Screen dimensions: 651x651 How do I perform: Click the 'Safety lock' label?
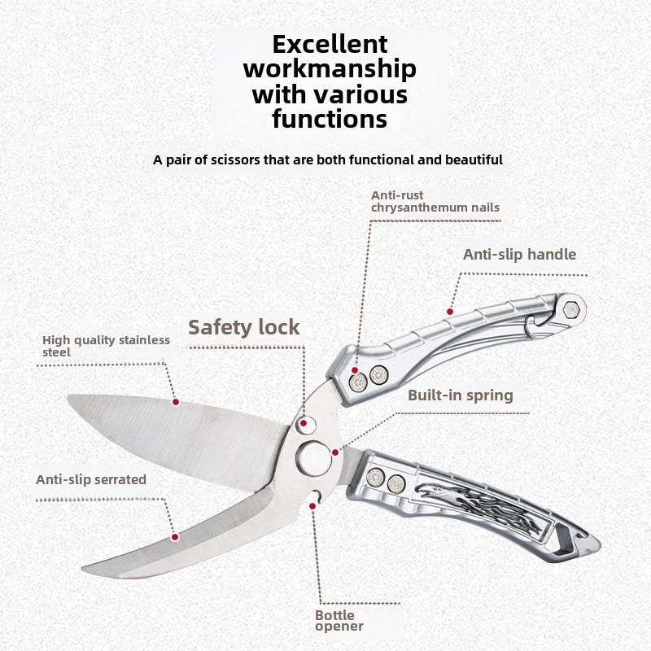pos(243,328)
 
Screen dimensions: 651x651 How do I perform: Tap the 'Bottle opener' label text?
pos(339,620)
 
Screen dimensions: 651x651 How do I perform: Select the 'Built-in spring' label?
pos(461,395)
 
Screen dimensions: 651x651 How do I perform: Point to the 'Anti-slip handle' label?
pos(519,254)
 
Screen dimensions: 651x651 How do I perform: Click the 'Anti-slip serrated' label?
pos(91,479)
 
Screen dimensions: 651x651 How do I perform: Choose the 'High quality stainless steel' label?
pos(106,346)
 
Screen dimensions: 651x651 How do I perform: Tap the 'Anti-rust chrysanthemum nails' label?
pos(435,201)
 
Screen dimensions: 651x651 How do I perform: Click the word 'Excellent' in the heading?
pos(330,45)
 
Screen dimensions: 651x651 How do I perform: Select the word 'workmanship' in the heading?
pos(330,69)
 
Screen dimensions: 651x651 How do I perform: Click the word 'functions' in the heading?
pos(330,119)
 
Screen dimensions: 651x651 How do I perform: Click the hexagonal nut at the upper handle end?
pos(571,310)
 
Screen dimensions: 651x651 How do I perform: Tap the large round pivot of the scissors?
pos(314,459)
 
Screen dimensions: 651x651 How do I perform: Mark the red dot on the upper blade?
pos(176,402)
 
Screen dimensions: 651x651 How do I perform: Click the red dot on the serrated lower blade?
pos(175,537)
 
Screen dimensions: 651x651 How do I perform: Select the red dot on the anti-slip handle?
pos(450,312)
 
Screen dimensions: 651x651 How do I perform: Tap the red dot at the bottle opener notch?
pos(312,505)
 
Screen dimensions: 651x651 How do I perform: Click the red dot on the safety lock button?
pos(304,423)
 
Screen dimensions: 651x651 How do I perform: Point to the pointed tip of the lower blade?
pos(82,567)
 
